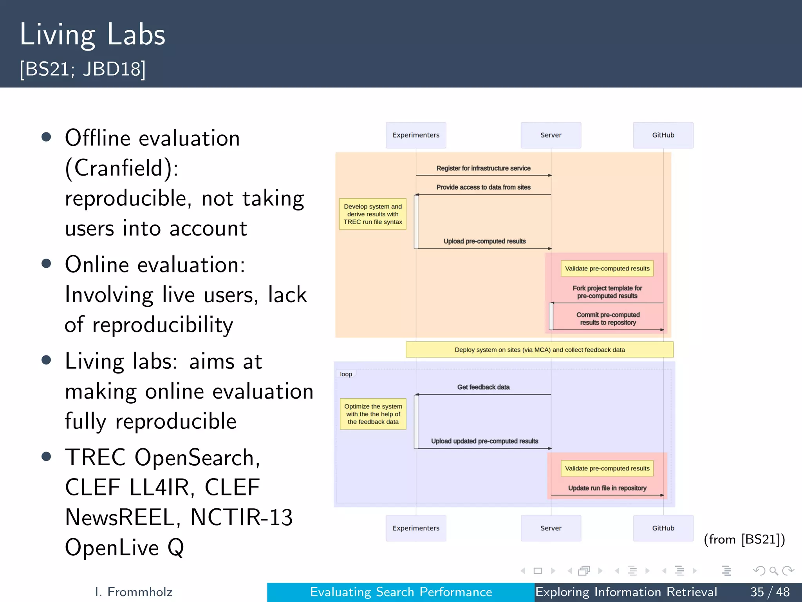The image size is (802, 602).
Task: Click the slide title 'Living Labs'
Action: pos(92,35)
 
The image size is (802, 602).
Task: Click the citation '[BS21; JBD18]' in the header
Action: pos(83,69)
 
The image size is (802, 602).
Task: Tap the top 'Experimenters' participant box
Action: pos(416,135)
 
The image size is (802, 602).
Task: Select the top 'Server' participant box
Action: pos(551,135)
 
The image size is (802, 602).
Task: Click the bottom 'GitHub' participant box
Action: pos(663,528)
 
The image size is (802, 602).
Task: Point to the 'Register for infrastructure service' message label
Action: pos(483,168)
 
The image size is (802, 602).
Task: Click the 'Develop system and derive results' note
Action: pos(373,214)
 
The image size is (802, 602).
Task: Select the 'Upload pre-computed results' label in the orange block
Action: pos(484,241)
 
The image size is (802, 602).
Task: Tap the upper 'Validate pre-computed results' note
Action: pos(607,268)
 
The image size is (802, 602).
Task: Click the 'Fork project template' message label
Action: pos(607,292)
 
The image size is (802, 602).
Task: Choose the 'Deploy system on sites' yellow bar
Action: pos(539,350)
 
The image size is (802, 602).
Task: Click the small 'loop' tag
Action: pos(346,374)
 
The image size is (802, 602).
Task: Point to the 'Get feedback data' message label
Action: pos(483,387)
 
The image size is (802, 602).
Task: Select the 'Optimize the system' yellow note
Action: pos(373,414)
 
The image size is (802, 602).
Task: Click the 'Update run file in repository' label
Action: pos(607,488)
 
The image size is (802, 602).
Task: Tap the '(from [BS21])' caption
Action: pos(744,539)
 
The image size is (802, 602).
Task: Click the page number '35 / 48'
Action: pos(770,592)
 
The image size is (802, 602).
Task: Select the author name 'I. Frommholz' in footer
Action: pos(134,592)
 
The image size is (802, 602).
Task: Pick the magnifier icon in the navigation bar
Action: pos(773,571)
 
